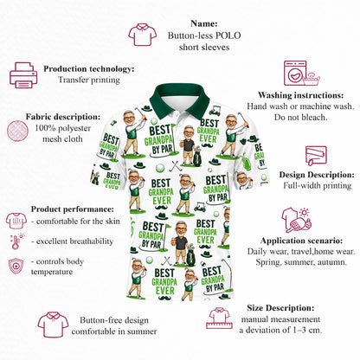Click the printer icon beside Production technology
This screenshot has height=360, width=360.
coord(23,75)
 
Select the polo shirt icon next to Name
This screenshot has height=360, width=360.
coord(143,35)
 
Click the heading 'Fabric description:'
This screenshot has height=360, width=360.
coord(63,117)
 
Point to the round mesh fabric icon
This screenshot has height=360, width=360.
coord(17,131)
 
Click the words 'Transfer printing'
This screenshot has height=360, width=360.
coord(89,80)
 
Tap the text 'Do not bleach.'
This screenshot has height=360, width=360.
coord(300,118)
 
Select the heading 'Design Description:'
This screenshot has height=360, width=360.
coord(317,175)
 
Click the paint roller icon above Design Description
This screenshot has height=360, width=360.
coord(316,156)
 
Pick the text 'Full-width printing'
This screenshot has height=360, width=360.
coord(318,185)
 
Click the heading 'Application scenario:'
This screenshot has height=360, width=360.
coord(301,241)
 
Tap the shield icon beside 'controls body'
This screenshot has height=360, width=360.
coord(16,266)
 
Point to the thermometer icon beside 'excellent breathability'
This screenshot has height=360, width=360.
coord(16,241)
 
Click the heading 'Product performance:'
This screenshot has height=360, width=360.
coord(73,209)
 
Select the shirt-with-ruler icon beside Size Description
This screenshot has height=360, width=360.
coord(219,318)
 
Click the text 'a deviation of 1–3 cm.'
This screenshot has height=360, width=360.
coord(280,330)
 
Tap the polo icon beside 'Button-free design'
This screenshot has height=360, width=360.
coord(53,325)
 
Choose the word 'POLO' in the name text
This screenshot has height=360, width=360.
coord(228,35)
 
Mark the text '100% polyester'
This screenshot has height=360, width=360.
coord(63,128)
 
